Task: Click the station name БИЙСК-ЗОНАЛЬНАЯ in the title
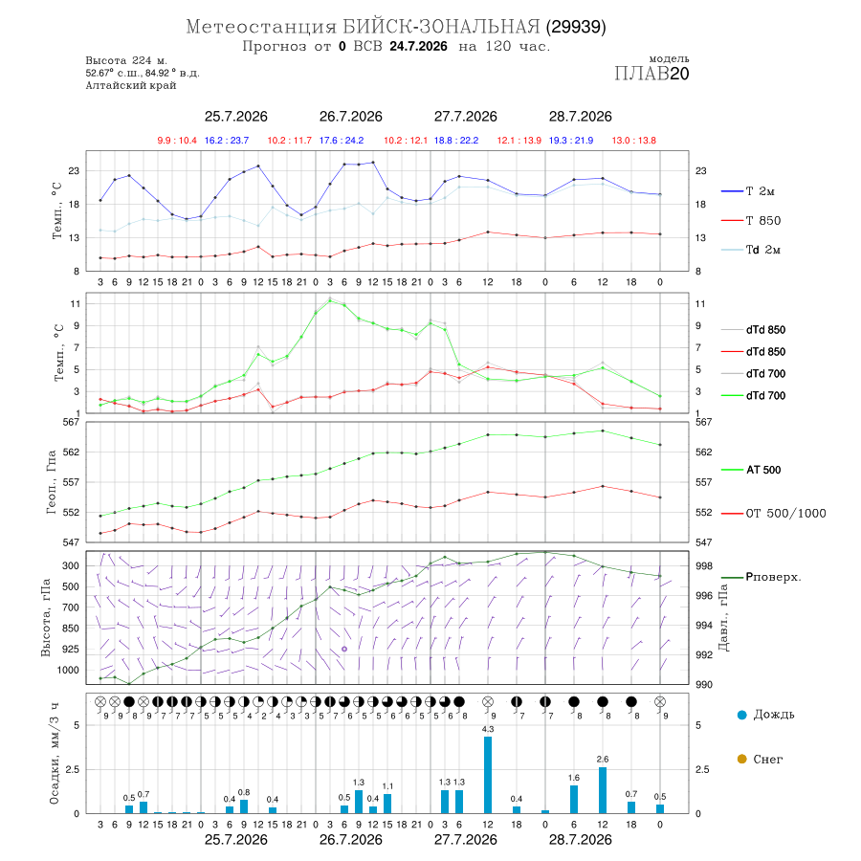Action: tap(441, 27)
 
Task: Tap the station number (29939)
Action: tap(576, 27)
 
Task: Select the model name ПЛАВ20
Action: tap(651, 73)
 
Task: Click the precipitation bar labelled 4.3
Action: tap(488, 775)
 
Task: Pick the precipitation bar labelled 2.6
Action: tap(603, 790)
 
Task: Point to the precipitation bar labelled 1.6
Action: tap(574, 799)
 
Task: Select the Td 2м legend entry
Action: tap(751, 250)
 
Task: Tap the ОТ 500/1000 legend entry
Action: tap(773, 513)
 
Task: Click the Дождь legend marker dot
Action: tap(741, 715)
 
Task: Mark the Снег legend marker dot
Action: tap(741, 759)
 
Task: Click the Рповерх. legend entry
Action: tap(762, 577)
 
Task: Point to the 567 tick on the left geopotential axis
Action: tap(72, 422)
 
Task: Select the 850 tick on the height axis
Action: tap(70, 629)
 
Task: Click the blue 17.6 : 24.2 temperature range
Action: tap(342, 141)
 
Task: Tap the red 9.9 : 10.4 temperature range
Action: tap(177, 141)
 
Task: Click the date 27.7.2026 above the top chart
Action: tap(466, 117)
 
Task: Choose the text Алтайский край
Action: tap(131, 85)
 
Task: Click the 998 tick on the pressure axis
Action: tap(704, 565)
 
